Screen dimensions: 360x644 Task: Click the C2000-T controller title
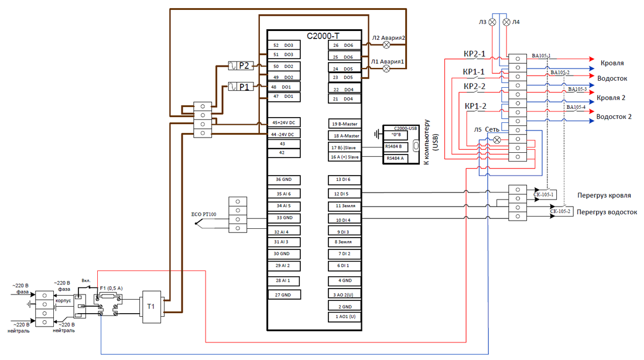coord(323,36)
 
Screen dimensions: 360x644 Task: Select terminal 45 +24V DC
coord(284,123)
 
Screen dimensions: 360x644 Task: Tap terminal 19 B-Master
coord(345,124)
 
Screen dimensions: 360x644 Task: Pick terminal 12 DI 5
coord(345,194)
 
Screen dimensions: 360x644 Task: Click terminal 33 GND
coord(284,218)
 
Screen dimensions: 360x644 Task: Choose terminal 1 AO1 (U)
coord(345,317)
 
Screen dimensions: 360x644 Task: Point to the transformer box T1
coord(151,307)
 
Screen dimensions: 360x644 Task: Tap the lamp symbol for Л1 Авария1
coord(386,68)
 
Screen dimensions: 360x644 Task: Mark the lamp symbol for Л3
coord(492,22)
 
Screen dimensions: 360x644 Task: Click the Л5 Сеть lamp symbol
coord(497,139)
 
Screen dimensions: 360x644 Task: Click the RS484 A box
coord(395,159)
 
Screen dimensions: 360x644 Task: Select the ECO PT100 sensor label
coord(204,214)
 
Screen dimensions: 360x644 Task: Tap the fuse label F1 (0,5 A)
coord(111,289)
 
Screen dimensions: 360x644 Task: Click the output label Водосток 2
coord(614,117)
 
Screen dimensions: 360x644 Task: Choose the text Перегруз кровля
coord(604,195)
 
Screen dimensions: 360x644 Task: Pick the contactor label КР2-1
coord(475,54)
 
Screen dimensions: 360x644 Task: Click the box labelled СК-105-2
coord(560,211)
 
